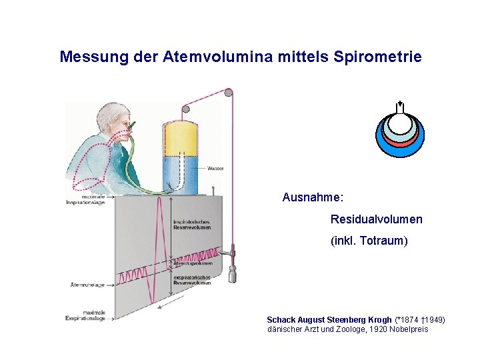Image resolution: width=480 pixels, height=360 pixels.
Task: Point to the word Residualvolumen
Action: click(x=376, y=219)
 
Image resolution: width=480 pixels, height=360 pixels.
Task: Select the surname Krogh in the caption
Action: click(x=379, y=320)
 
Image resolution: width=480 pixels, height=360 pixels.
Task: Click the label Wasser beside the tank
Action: click(x=215, y=168)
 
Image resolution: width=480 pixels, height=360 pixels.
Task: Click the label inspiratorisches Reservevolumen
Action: click(x=191, y=225)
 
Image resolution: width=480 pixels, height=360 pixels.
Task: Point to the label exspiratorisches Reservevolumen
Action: click(x=191, y=280)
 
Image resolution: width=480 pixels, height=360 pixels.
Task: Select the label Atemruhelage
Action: click(x=87, y=285)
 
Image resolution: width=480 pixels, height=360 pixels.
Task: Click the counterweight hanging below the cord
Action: click(x=232, y=274)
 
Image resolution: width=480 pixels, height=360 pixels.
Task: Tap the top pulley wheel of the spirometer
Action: click(x=229, y=93)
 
